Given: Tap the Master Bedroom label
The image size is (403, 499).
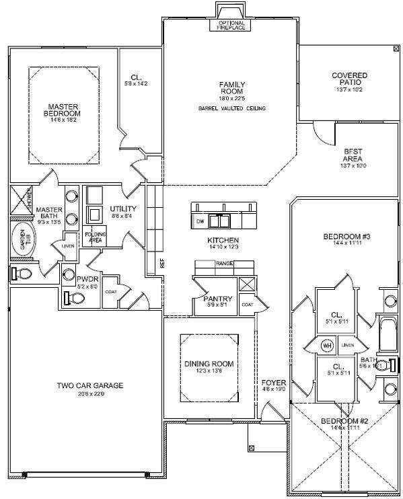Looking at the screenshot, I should pos(63,110).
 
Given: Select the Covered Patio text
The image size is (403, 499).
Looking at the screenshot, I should pos(349,79).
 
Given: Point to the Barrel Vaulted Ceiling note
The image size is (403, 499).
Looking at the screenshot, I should pos(232,108).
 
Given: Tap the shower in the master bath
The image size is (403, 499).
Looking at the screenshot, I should pos(23,198).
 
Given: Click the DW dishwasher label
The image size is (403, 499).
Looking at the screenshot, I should pos(200,221).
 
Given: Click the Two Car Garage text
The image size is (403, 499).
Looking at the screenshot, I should pos(89,385).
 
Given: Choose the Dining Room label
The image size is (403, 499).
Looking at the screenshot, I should pos(208,364).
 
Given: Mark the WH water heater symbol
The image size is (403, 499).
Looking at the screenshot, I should pos(328,346).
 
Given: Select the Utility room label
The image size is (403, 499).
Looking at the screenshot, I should pos(123,209).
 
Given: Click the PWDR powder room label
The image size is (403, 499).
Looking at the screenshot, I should pos(87,278).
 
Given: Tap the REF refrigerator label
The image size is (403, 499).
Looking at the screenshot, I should pos(163,261).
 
